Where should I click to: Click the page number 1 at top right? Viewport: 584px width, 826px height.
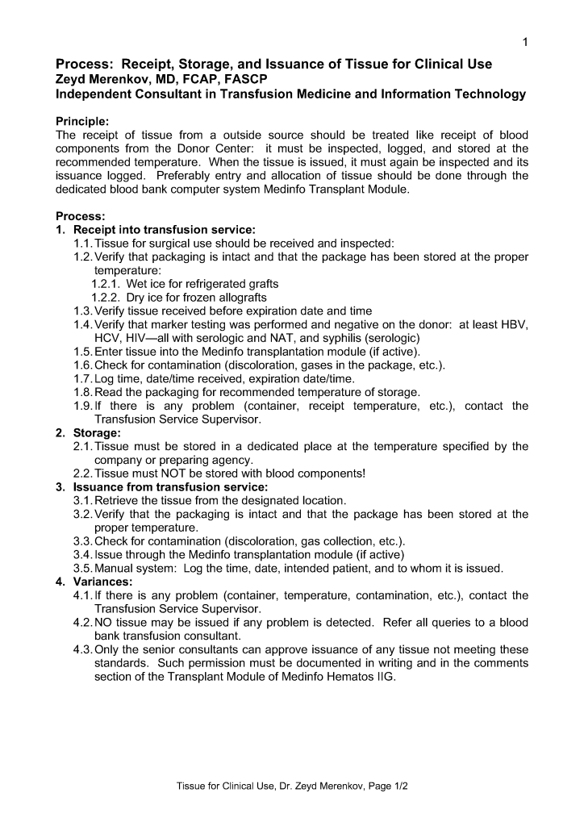tap(525, 42)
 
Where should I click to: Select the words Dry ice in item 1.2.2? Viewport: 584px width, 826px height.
tap(146, 298)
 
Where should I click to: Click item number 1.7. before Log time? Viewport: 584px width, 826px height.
tap(82, 378)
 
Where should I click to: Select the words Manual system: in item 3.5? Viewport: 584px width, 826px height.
tap(135, 568)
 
